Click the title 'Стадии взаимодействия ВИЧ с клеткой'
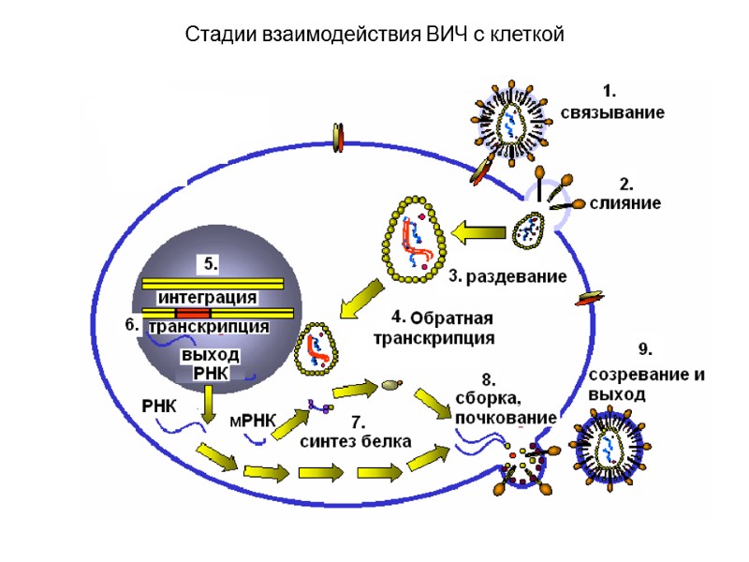[374, 36]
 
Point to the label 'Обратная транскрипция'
[433, 325]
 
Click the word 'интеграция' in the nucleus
[207, 297]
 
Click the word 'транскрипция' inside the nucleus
[210, 327]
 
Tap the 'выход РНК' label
[210, 365]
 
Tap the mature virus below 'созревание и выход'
[612, 441]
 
